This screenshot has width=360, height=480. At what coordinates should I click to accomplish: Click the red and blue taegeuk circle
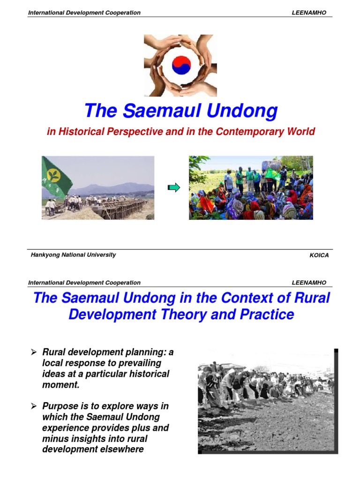[181, 65]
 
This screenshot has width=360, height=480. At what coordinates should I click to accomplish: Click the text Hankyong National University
[73, 255]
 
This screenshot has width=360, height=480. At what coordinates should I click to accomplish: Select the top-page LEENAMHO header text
[309, 13]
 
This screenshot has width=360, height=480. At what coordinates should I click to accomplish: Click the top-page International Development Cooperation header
[84, 13]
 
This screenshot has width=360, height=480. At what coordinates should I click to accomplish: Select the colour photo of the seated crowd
[251, 187]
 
